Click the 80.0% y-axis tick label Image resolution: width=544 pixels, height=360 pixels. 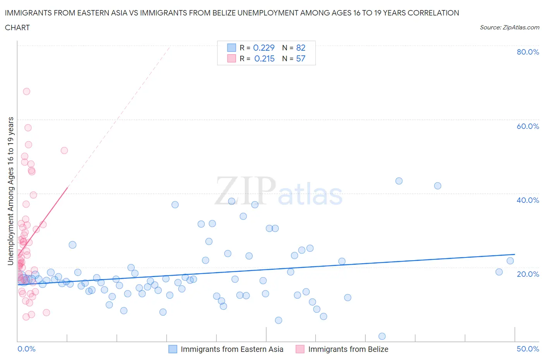[528, 52]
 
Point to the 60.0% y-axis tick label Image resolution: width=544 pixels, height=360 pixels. [528, 126]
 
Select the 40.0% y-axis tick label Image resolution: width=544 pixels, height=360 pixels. [528, 200]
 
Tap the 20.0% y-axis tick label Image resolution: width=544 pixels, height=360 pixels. [528, 274]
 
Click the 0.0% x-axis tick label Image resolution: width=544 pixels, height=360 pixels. [26, 349]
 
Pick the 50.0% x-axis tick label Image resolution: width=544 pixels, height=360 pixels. [528, 349]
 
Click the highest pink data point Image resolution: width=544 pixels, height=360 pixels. [26, 91]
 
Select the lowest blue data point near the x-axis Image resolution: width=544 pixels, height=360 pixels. [382, 336]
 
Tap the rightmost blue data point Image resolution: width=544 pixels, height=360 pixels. [510, 261]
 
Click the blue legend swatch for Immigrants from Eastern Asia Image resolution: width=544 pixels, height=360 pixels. [173, 349]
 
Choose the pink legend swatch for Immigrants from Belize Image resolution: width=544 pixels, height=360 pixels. [300, 349]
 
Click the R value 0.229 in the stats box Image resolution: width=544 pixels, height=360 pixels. [263, 48]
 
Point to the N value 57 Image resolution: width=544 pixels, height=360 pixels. [301, 58]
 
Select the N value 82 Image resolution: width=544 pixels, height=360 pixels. [301, 48]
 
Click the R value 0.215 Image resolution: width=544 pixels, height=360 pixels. [264, 58]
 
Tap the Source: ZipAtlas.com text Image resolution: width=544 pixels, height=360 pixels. [509, 27]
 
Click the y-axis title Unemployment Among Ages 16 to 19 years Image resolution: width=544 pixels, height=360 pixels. [10, 191]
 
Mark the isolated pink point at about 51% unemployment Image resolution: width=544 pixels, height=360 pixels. [64, 151]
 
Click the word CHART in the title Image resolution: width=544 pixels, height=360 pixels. [17, 27]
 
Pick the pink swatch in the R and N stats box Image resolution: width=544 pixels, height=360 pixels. [231, 58]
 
